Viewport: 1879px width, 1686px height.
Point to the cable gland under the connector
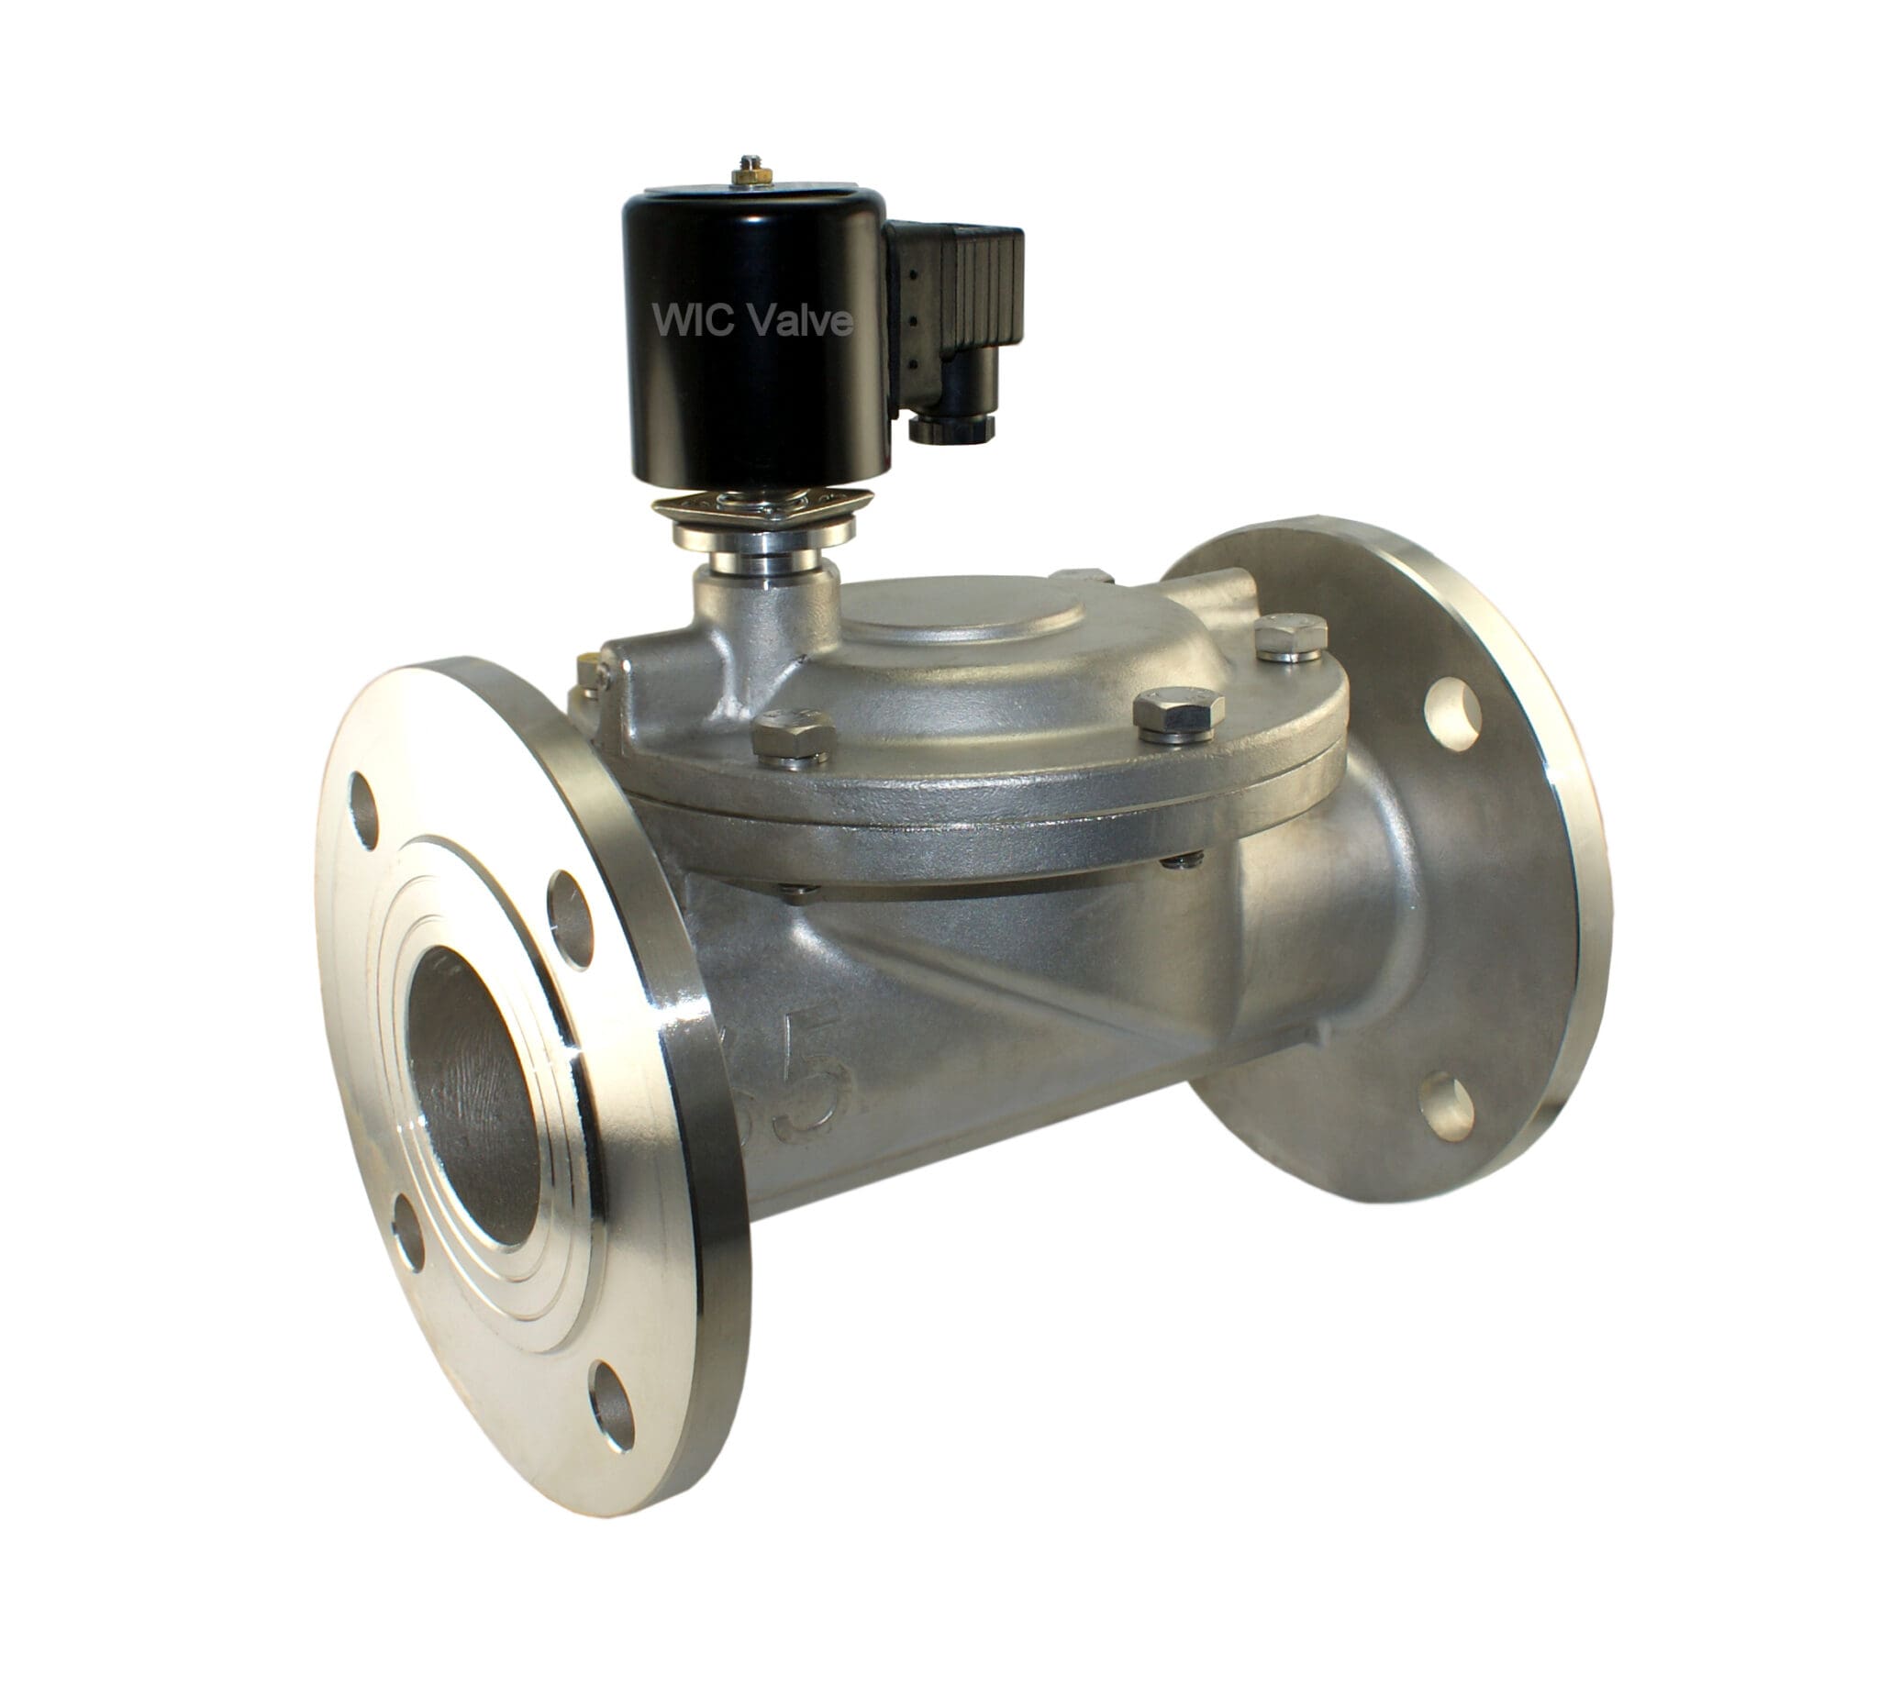pos(951,427)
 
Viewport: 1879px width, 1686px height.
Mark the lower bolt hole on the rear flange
pos(1447,1105)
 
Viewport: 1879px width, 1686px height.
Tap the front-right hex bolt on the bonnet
pos(1178,714)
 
